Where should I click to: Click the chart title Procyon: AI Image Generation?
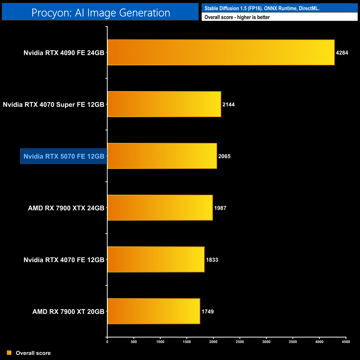tap(101, 13)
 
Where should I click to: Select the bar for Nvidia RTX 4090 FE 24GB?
tap(221, 52)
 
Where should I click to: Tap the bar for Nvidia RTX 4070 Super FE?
tap(164, 104)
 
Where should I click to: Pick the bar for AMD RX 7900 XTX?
tap(160, 208)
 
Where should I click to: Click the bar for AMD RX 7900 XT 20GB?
tap(154, 311)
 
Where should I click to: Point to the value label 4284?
tap(342, 53)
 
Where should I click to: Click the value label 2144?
tap(228, 104)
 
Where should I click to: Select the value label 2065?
tap(224, 156)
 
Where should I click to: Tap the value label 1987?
tap(220, 208)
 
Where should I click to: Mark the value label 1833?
tap(212, 260)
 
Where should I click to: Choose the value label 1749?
tap(207, 312)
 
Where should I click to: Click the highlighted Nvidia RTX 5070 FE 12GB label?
tap(64, 156)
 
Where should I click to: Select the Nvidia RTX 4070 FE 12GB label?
tap(64, 260)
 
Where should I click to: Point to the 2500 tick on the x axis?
tap(240, 342)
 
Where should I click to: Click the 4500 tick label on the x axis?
tap(346, 342)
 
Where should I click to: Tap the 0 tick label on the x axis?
tap(107, 342)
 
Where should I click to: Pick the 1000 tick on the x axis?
tap(160, 342)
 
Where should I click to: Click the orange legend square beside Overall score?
tap(9, 353)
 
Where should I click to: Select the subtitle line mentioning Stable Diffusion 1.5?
tap(262, 8)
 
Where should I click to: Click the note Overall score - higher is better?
tap(237, 17)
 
